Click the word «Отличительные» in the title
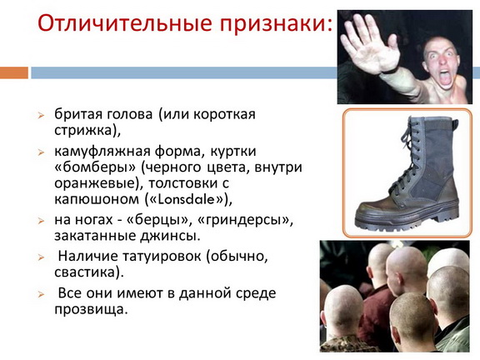click(x=125, y=23)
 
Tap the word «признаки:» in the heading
click(x=276, y=24)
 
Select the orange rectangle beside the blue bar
click(x=14, y=72)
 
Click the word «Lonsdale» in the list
click(x=186, y=199)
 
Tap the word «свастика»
click(x=86, y=272)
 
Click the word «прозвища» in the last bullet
click(x=90, y=309)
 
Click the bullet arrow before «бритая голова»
click(x=41, y=116)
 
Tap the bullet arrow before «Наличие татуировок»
click(x=41, y=257)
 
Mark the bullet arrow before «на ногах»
click(x=41, y=221)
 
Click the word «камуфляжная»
click(x=102, y=152)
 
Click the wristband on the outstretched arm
click(x=390, y=72)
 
